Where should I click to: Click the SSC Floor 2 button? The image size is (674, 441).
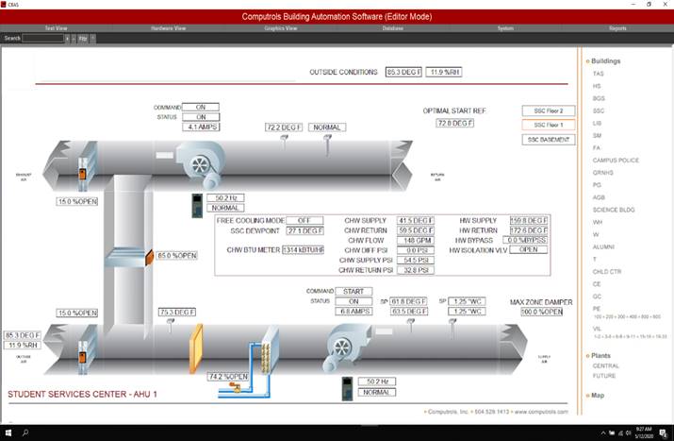[547, 110]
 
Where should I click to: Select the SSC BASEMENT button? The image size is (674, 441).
[547, 140]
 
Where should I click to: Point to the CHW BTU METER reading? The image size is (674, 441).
[304, 249]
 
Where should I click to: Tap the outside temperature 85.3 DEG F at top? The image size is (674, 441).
[403, 72]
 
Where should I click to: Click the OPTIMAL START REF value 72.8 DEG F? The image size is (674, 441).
[455, 123]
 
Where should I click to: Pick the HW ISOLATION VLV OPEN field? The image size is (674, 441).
[528, 249]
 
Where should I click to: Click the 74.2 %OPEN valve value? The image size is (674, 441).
[228, 376]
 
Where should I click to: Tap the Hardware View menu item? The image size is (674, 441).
[168, 28]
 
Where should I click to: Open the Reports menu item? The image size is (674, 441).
[617, 28]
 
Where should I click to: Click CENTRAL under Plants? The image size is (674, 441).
[605, 365]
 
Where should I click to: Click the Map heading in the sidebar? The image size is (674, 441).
[598, 395]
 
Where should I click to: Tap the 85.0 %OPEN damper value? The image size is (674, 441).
[176, 255]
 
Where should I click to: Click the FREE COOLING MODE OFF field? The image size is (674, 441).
[304, 220]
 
